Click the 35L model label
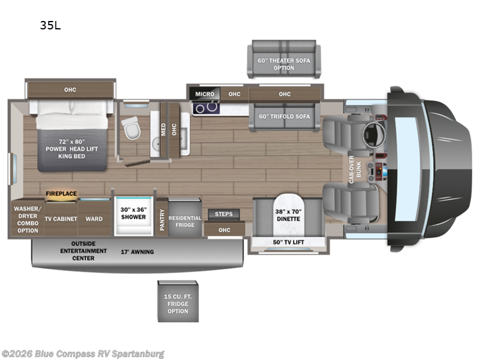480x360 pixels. [50, 25]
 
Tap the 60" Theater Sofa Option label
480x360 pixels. [284, 64]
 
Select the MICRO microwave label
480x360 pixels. [204, 94]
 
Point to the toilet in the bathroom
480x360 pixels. [130, 126]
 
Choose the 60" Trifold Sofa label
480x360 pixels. [284, 116]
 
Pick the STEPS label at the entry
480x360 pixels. [224, 214]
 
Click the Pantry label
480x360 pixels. [161, 219]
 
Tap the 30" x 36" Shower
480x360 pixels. [133, 213]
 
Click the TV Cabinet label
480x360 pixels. [61, 219]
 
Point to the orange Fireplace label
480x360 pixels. [62, 194]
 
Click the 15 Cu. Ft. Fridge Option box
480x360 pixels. [178, 302]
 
